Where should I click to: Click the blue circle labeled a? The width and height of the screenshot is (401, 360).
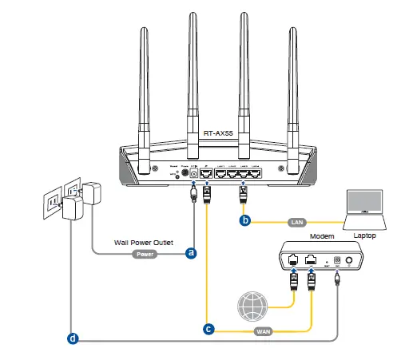click(191, 253)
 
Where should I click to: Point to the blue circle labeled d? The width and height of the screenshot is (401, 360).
click(73, 338)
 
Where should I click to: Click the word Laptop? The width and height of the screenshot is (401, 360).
click(365, 237)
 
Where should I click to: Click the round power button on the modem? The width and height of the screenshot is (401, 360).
click(348, 260)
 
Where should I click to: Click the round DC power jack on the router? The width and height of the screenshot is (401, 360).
click(192, 172)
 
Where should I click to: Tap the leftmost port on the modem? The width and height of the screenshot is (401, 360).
click(293, 259)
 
